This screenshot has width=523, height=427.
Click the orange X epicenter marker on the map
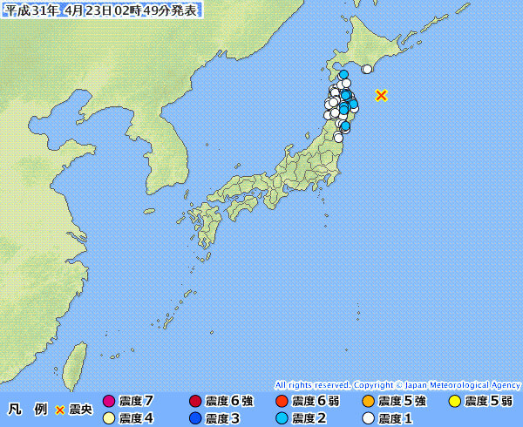381,95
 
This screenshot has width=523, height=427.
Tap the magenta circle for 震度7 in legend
109,402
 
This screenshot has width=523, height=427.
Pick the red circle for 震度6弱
282,402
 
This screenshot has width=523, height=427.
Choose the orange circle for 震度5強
368,402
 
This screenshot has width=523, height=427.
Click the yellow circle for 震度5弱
454,402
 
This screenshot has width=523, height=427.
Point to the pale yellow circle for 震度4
109,418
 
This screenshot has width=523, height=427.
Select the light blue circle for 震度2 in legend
282,418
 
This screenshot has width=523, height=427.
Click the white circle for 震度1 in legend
368,418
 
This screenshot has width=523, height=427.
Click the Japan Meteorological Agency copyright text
397,384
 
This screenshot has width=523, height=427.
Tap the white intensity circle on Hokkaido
367,70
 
